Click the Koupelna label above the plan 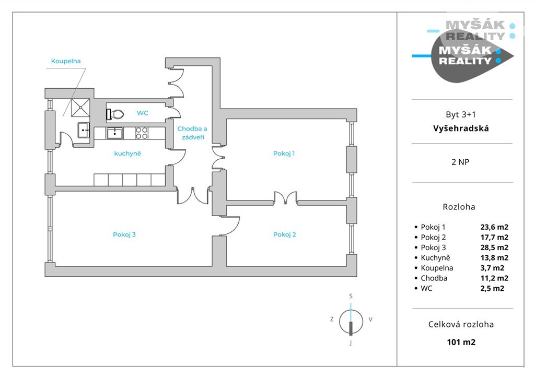(66, 61)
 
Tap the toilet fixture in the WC (115, 113)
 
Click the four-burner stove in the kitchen (142, 133)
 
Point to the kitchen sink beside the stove (115, 133)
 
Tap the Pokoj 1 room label (284, 153)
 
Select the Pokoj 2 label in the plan (284, 234)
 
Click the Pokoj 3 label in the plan (124, 234)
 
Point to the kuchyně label (128, 153)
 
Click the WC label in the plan (143, 113)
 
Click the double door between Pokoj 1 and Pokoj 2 (285, 198)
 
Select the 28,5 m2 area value (494, 247)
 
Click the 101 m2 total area (461, 342)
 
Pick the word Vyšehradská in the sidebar (461, 128)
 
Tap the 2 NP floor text (460, 162)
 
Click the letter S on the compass (351, 296)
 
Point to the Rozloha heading (459, 207)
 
